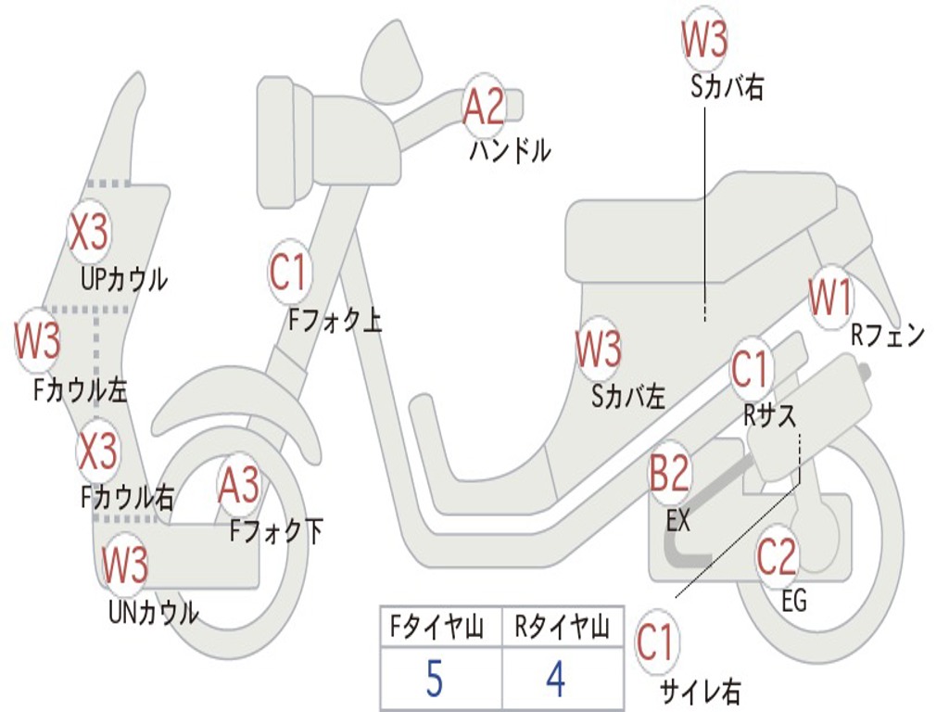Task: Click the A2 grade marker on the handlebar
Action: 484,106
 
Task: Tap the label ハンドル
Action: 510,149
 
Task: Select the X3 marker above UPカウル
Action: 90,232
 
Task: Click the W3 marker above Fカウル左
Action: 38,340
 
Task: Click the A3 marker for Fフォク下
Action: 239,486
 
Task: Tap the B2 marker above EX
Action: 669,474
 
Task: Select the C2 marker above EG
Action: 777,557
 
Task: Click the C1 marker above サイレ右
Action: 656,642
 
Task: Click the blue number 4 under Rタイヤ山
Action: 555,680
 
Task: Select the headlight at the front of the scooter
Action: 279,140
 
